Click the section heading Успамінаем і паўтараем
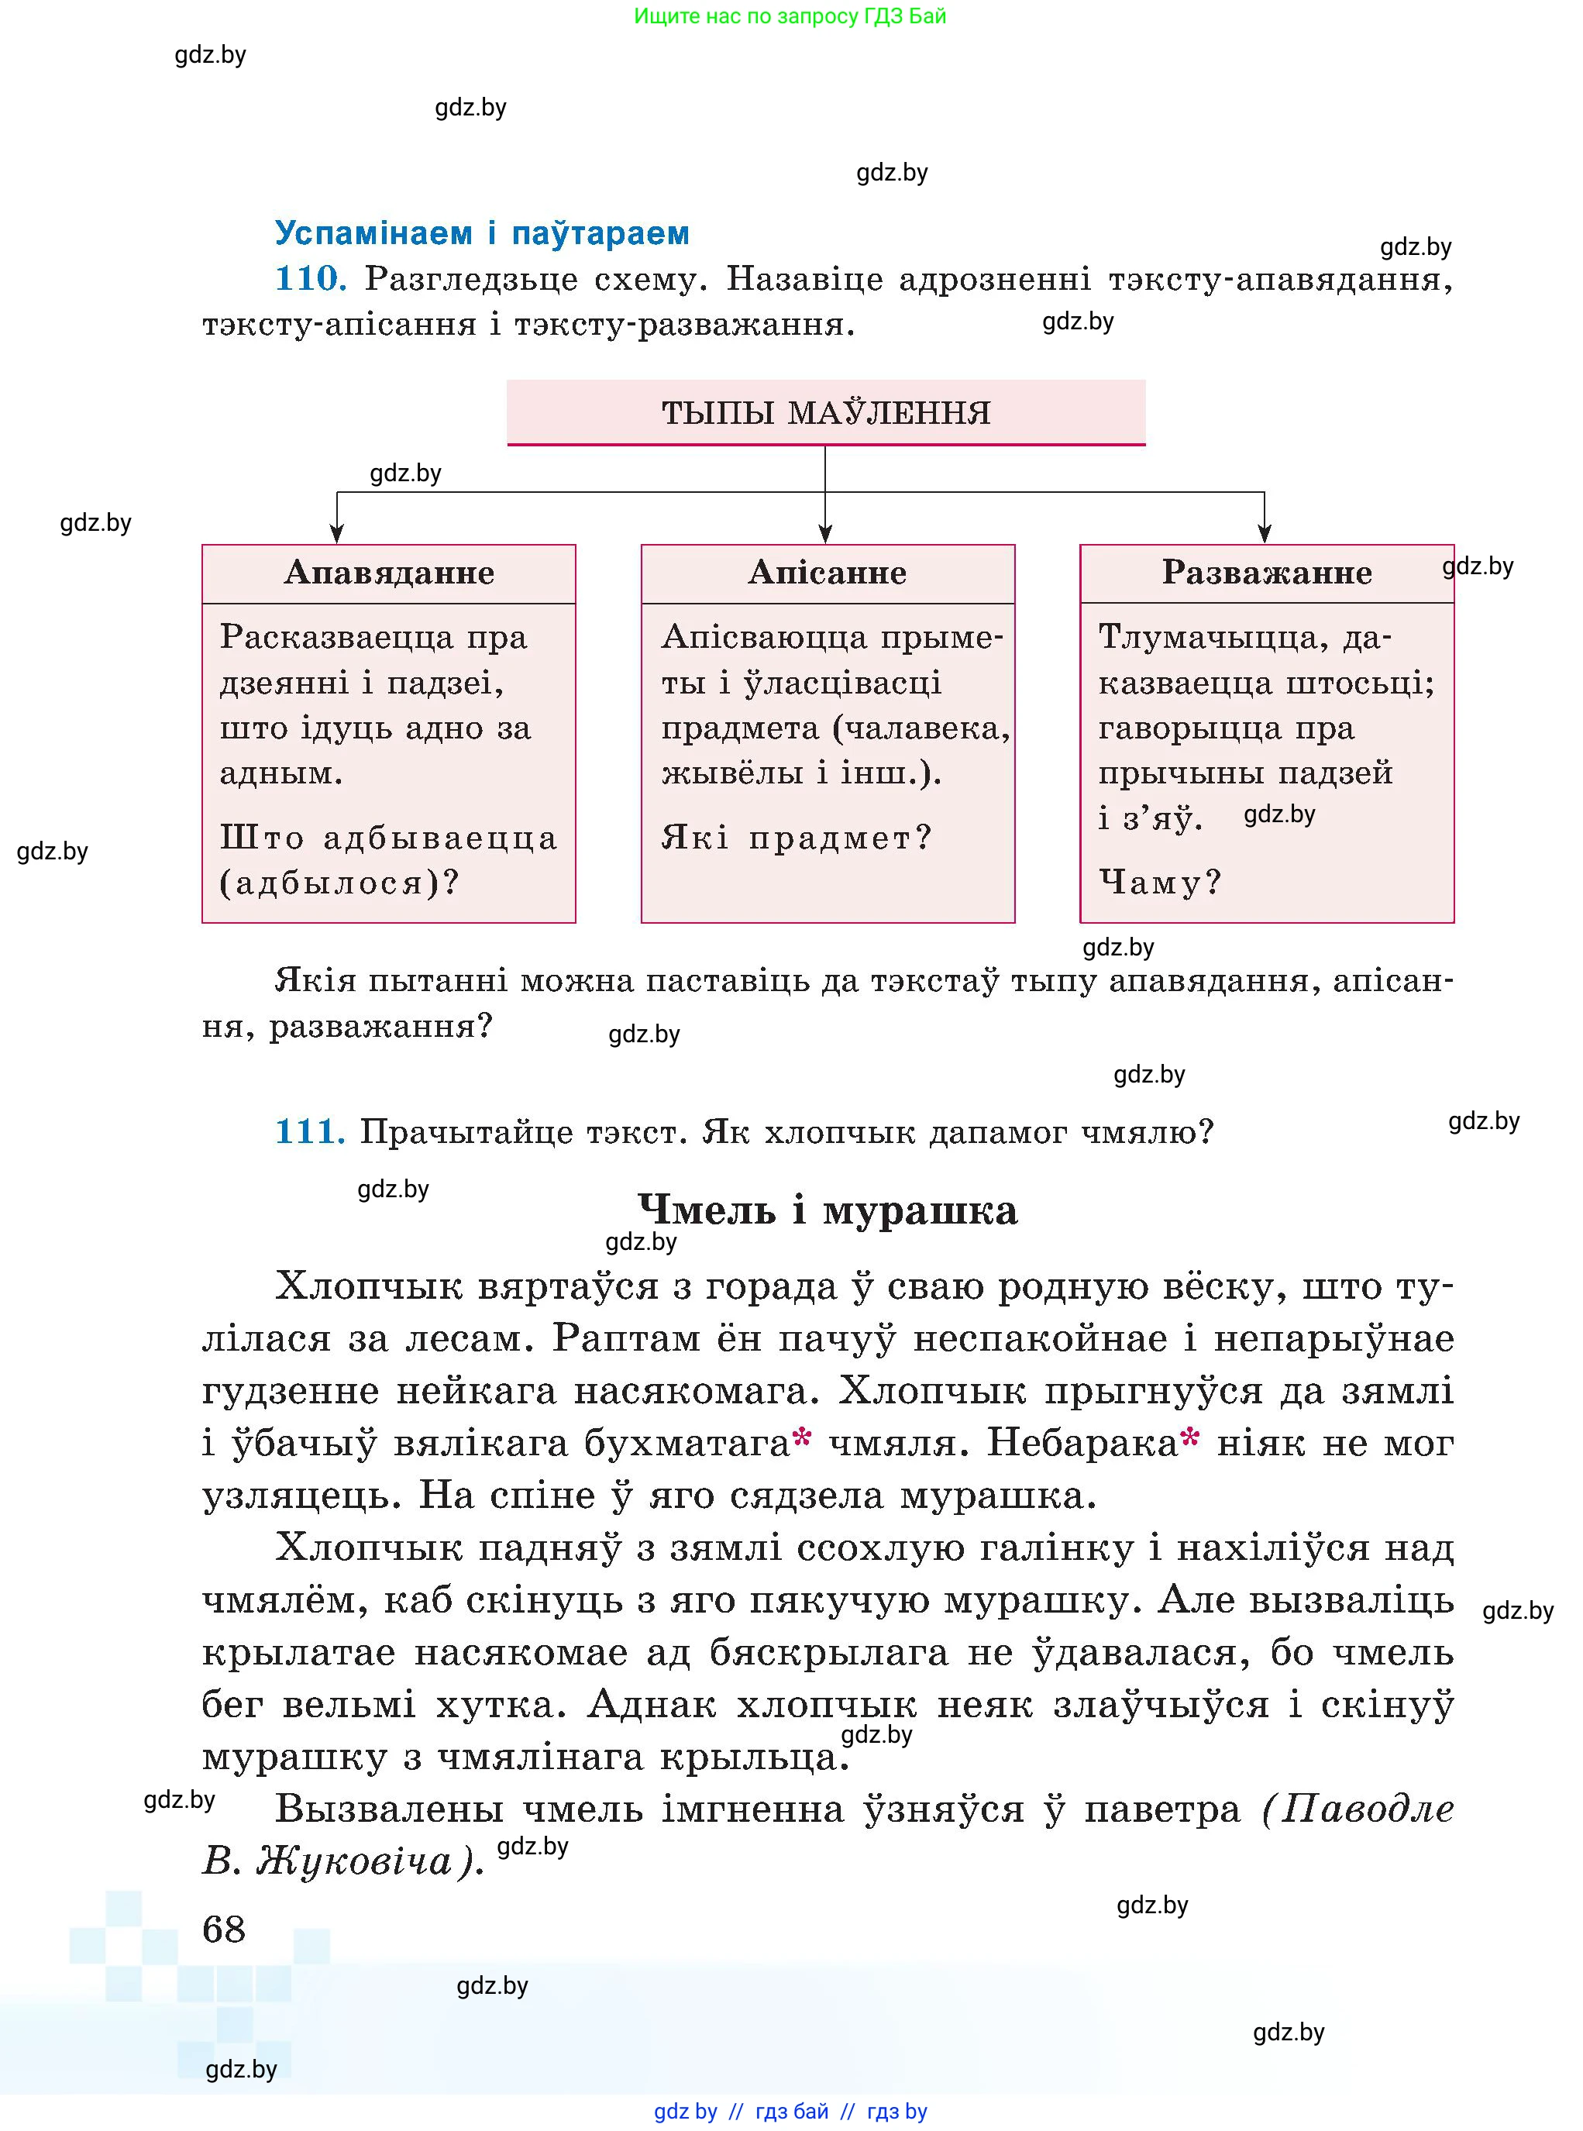(482, 232)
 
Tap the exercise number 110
(309, 279)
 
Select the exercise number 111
(309, 1131)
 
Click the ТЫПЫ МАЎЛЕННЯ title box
(825, 413)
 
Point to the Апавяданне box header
(389, 573)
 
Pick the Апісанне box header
(827, 573)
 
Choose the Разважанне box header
(1266, 573)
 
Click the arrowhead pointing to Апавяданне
(336, 534)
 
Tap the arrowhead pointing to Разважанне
(1264, 534)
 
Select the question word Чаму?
(1159, 882)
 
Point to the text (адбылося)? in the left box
(339, 883)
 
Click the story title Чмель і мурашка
(827, 1210)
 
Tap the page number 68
(224, 1929)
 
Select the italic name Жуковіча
(355, 1862)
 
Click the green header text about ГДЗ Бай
(790, 16)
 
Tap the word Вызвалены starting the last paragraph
(389, 1810)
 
